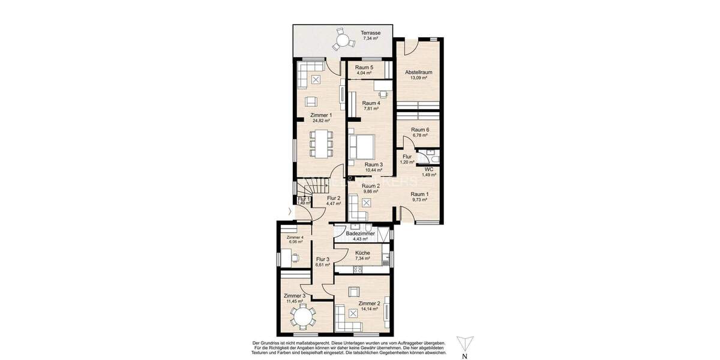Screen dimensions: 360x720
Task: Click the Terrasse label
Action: (x=370, y=32)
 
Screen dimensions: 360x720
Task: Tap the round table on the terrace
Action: (x=342, y=41)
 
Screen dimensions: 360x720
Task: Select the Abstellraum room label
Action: (x=418, y=72)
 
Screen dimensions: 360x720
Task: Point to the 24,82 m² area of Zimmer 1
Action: (x=321, y=121)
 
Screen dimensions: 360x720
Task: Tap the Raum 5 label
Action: (x=364, y=68)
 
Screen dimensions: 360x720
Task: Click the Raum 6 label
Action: (x=420, y=130)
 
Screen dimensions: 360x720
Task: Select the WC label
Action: (x=429, y=169)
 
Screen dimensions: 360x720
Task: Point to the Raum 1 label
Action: (x=419, y=194)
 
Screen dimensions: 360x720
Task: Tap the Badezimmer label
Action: (x=364, y=233)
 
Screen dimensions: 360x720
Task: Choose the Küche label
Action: (x=362, y=253)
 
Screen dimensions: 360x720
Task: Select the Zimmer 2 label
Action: (x=368, y=304)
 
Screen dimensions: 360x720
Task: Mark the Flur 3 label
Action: (x=323, y=259)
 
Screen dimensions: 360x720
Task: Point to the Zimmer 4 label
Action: (x=295, y=238)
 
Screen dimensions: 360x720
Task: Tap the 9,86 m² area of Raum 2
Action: (x=370, y=191)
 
